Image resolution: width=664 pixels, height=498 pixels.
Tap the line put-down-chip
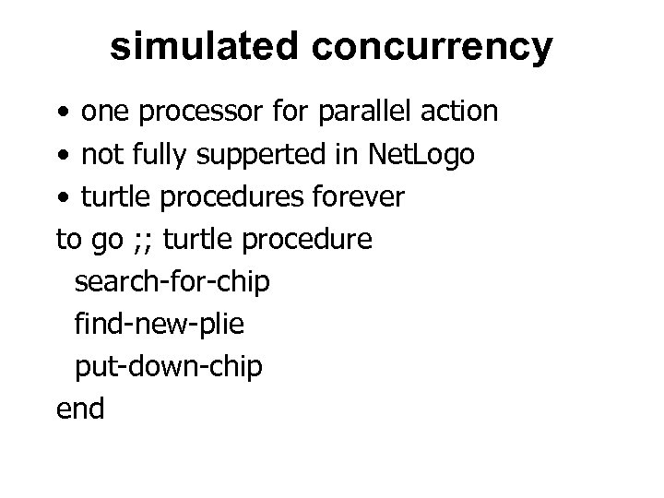[x=168, y=366]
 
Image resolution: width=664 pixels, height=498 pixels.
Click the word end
[x=80, y=408]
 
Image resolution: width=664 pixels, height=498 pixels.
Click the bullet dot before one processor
[x=62, y=113]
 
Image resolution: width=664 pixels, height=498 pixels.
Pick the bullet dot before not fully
[x=62, y=156]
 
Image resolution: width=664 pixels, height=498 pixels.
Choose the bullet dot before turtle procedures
[x=62, y=198]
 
